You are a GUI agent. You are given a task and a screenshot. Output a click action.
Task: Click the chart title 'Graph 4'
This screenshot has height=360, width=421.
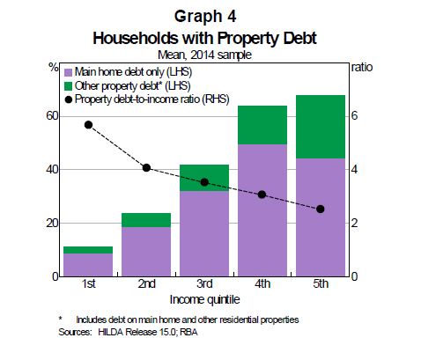point(210,17)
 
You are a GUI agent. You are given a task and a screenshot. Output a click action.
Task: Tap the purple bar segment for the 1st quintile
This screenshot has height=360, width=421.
point(88,264)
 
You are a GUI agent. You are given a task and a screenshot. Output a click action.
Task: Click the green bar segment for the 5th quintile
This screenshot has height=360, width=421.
point(320,126)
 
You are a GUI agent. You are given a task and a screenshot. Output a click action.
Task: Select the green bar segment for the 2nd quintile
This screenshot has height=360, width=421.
point(146,220)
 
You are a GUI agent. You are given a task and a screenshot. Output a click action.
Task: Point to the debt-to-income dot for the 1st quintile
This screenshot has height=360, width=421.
point(88,124)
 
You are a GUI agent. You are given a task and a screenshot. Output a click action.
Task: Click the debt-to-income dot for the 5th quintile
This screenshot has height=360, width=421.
point(320,209)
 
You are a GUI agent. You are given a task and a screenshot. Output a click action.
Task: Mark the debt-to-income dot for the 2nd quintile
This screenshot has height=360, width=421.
point(146,167)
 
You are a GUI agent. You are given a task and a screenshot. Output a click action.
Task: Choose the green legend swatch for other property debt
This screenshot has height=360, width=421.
point(69,84)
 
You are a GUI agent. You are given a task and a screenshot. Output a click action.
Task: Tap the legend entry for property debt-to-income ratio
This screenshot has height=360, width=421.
point(150,99)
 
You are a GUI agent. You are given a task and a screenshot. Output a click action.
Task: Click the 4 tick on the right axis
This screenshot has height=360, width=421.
point(357,169)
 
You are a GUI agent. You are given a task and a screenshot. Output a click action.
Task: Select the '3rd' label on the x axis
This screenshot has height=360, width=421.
point(203,285)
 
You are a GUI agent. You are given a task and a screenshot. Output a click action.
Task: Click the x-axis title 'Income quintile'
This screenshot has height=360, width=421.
point(203,300)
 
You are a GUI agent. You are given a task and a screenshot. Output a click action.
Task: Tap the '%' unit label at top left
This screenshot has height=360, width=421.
point(52,66)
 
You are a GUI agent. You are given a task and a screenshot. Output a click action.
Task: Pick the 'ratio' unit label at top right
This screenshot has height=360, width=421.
point(362,66)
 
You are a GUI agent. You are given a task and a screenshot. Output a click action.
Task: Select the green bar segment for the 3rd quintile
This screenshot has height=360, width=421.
point(203,177)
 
